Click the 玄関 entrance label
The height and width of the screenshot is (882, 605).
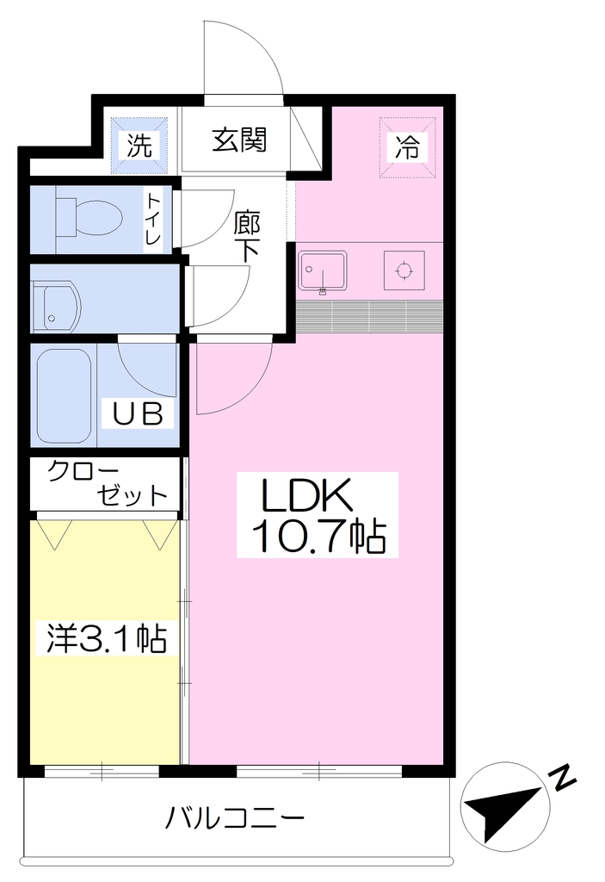coord(239,140)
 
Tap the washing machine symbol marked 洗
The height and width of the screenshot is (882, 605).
coord(139,145)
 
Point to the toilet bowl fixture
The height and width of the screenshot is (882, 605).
coord(89,217)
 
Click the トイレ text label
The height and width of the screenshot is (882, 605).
coord(153,220)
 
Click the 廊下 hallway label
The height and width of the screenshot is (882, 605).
coord(247,236)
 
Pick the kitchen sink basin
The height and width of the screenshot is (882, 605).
coord(322,271)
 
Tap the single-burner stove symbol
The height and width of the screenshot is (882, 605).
coord(404,270)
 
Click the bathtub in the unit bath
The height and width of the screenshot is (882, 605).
coord(64,396)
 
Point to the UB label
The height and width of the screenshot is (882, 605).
coord(139,414)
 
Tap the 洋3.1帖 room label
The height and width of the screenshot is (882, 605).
coord(106,638)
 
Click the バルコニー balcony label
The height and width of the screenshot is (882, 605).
coord(234,818)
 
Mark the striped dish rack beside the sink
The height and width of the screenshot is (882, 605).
coord(369,316)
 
